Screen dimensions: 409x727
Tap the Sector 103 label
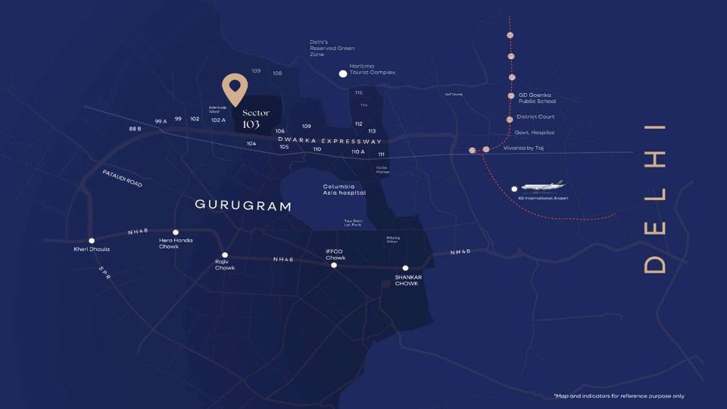(x=255, y=118)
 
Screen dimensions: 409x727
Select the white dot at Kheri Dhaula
(x=92, y=241)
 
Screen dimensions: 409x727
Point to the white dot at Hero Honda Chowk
(x=176, y=233)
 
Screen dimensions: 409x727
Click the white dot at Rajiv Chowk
(x=225, y=254)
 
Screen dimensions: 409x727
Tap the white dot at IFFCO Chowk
(x=334, y=265)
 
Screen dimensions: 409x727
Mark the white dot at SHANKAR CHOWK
(x=406, y=268)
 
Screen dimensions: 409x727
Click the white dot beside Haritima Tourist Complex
(x=343, y=73)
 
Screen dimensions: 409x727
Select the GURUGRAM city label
(x=243, y=205)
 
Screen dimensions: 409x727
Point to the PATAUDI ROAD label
(x=122, y=178)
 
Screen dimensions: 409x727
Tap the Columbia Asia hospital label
(x=345, y=189)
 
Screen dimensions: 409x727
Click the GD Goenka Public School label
(x=536, y=98)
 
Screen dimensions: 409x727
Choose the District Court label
(x=535, y=117)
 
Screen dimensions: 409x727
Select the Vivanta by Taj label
(x=523, y=148)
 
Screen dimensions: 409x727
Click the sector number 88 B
(x=135, y=129)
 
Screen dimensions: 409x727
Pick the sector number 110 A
(x=357, y=151)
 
